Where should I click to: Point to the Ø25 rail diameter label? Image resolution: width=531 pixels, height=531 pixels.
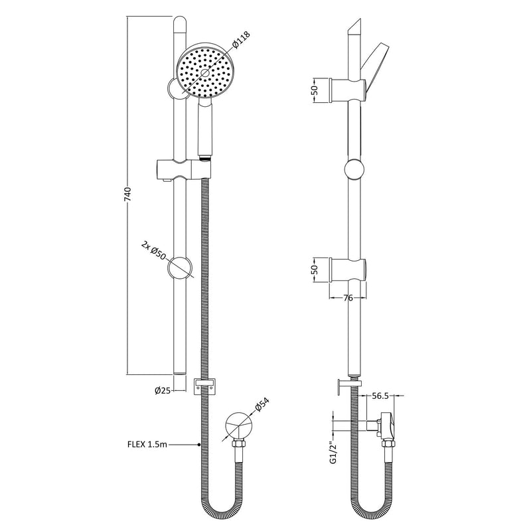click(x=163, y=391)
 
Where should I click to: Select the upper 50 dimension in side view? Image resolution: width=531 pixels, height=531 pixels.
click(x=317, y=89)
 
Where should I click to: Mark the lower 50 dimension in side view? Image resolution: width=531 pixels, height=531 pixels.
click(x=317, y=269)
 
